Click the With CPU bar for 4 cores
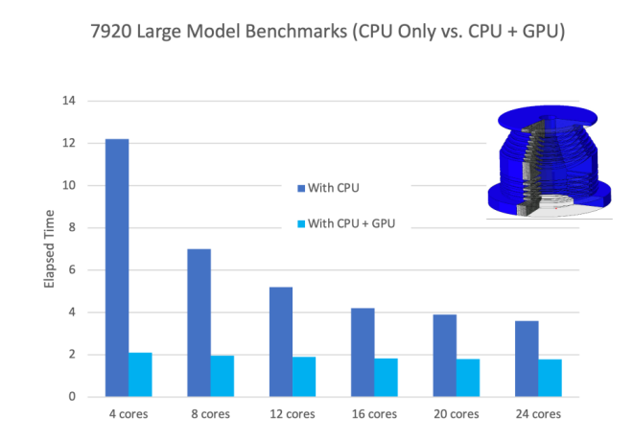tap(117, 268)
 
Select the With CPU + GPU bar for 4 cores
tap(140, 375)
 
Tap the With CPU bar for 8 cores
tap(199, 323)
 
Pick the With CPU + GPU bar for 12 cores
tap(304, 377)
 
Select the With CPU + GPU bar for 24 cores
tap(550, 378)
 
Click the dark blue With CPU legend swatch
tap(302, 188)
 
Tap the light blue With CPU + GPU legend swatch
tap(302, 224)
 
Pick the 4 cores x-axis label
tap(129, 414)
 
